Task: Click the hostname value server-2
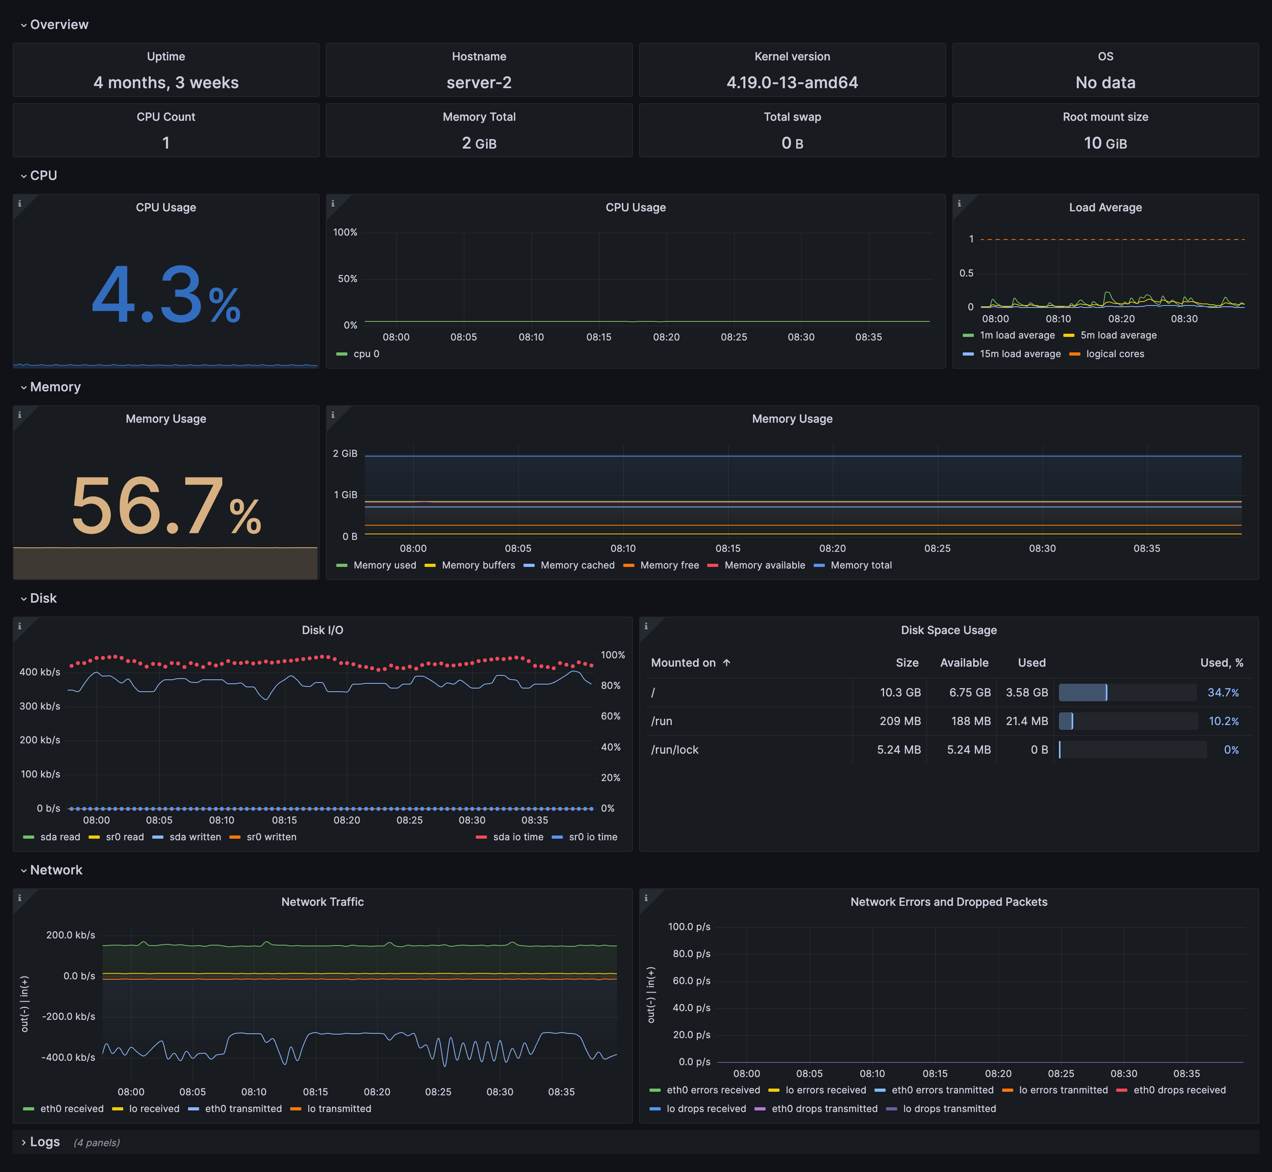coord(479,83)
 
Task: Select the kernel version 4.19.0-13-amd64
coord(792,83)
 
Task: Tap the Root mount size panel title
coord(1105,117)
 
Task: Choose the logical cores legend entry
coord(1115,354)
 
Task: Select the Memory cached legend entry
coord(577,565)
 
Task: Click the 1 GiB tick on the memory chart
coord(346,495)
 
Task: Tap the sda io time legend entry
coord(518,837)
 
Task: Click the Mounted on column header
coord(683,663)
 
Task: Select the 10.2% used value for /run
coord(1223,721)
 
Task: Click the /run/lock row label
coord(675,750)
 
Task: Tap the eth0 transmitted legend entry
coord(243,1108)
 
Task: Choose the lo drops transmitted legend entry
coord(949,1108)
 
